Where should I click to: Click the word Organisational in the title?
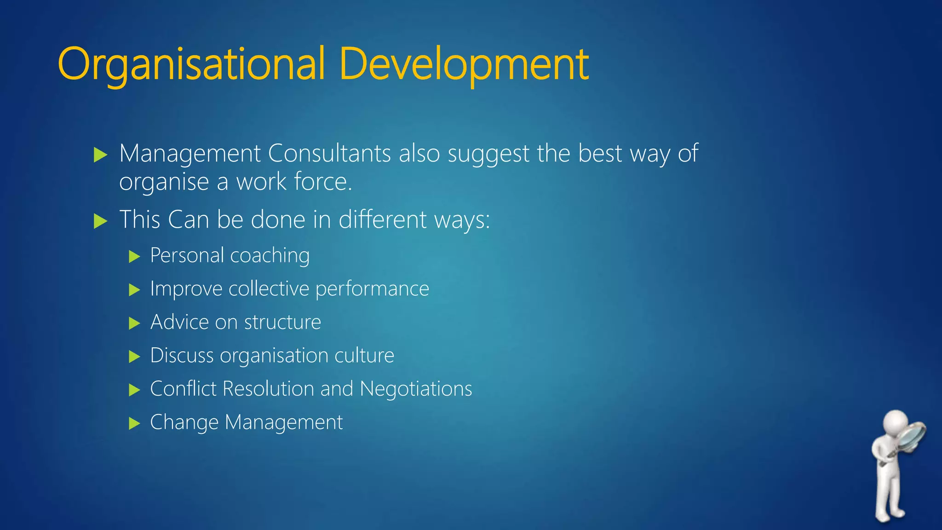[x=191, y=64]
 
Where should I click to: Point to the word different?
[x=383, y=219]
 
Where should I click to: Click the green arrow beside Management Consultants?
[x=100, y=155]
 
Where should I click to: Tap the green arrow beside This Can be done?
[x=100, y=221]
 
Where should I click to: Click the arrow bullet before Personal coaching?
[x=134, y=256]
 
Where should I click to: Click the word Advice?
[x=179, y=322]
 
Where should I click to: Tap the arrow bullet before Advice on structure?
[x=134, y=323]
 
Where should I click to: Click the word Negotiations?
[x=416, y=389]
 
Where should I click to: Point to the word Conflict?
[x=183, y=389]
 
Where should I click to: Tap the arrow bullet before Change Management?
[x=134, y=423]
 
